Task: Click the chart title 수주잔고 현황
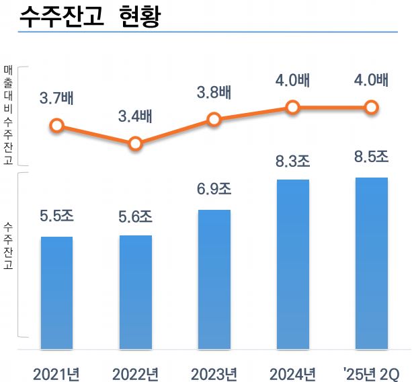pos(89,17)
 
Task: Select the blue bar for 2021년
pos(56,293)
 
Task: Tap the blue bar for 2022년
pos(135,292)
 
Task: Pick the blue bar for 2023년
pos(214,279)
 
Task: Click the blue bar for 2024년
pos(293,264)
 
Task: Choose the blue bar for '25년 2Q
pos(372,263)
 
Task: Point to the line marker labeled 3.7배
pos(56,125)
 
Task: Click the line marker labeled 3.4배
pos(135,143)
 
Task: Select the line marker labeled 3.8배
pos(214,119)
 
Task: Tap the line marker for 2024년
pos(292,107)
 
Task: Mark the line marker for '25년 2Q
pos(371,107)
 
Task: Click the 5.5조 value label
pos(56,217)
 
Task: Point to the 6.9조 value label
pos(214,189)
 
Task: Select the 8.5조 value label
pos(372,156)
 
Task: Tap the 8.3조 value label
pos(293,161)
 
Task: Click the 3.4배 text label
pos(135,116)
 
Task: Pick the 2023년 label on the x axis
pos(214,372)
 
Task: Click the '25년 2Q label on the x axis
pos(372,372)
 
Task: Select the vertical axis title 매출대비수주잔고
pos(7,115)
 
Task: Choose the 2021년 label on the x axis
pos(56,372)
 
